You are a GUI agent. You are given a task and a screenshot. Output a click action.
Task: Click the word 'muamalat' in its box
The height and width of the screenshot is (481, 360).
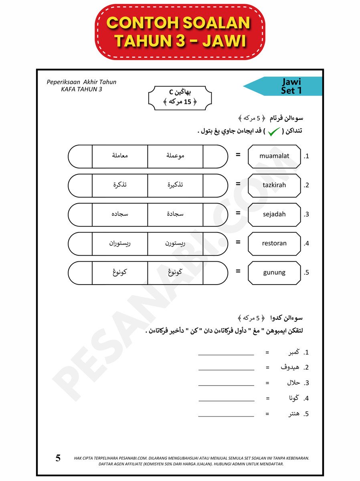(274, 156)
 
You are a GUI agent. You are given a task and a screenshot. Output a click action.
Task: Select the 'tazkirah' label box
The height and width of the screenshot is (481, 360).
(274, 185)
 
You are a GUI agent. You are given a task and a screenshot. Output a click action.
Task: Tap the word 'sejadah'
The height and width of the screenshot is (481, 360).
(274, 214)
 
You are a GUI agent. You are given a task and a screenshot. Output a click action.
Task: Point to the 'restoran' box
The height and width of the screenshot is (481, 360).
(274, 243)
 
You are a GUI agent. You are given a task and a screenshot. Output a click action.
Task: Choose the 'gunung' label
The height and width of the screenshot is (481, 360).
(274, 273)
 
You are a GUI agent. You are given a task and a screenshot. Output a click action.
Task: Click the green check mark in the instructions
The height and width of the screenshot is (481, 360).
(274, 131)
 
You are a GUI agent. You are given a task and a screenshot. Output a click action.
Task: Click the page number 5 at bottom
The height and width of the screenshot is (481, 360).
(58, 458)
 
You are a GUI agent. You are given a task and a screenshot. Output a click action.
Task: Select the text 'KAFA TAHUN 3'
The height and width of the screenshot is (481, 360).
(81, 89)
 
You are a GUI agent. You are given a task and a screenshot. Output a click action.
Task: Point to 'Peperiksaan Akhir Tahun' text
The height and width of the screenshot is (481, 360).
(81, 82)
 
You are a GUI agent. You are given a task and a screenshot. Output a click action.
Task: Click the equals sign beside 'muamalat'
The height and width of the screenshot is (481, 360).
(238, 155)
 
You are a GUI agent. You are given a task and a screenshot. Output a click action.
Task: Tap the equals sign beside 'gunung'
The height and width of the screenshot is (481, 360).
(238, 271)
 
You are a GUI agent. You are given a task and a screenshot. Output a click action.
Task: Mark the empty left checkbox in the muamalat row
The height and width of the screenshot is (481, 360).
(80, 156)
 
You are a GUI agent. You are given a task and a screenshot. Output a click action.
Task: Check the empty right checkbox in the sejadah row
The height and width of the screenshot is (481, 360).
(215, 214)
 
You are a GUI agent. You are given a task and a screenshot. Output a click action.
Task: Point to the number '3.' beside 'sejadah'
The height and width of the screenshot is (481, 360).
(307, 214)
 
